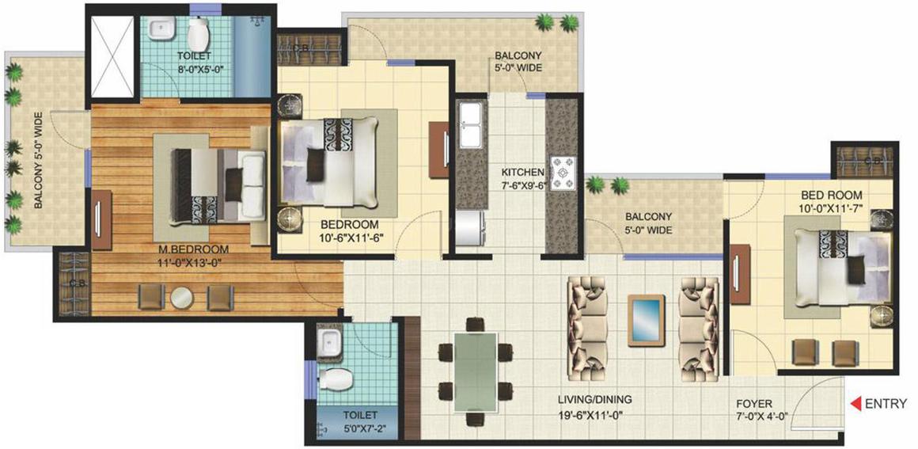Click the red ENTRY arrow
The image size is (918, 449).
(855, 404)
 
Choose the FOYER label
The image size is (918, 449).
(753, 403)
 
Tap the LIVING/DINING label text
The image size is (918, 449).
(594, 400)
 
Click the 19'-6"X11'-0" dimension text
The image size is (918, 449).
(594, 413)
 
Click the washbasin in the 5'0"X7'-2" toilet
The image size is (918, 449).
(327, 344)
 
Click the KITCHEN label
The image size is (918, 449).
(522, 172)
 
